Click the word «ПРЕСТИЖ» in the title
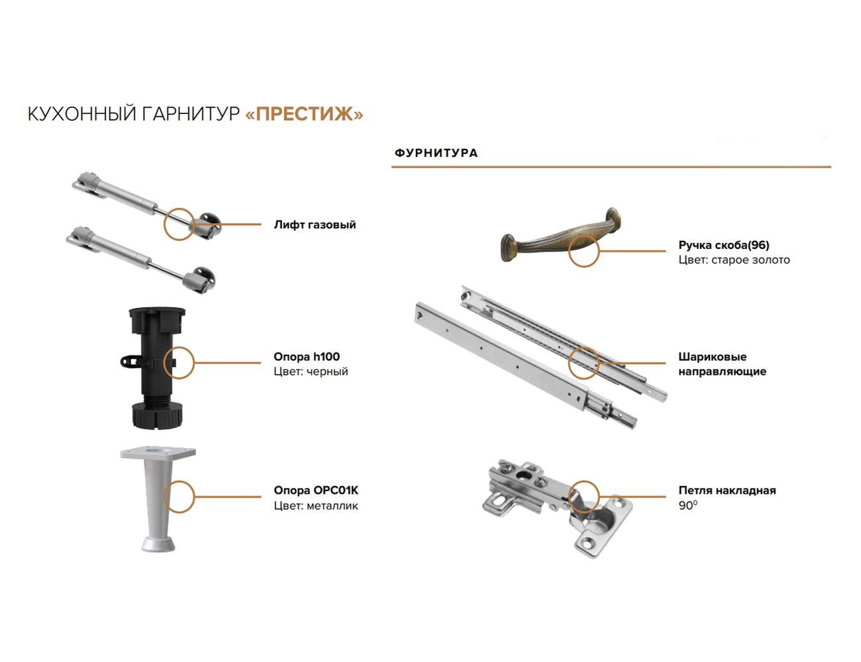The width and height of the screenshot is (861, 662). (304, 114)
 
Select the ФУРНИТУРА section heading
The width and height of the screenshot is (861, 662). (436, 153)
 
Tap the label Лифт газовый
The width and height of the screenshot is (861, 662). (315, 224)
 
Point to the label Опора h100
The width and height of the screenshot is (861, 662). (306, 356)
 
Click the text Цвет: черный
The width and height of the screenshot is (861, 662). (311, 371)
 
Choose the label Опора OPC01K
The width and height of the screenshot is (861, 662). (316, 490)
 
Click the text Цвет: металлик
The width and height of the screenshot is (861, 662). (316, 506)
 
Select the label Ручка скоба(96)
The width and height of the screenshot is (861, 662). (724, 245)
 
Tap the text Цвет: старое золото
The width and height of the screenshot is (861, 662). (734, 260)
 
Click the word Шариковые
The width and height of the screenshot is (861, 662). (713, 356)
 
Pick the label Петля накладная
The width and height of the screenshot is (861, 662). (727, 490)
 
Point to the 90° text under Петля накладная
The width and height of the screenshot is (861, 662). (688, 506)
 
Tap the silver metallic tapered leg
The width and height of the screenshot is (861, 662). (158, 499)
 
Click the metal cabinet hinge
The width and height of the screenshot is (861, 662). (558, 507)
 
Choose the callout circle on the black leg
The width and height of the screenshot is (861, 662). (179, 348)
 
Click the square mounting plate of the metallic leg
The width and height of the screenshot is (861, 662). (158, 453)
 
